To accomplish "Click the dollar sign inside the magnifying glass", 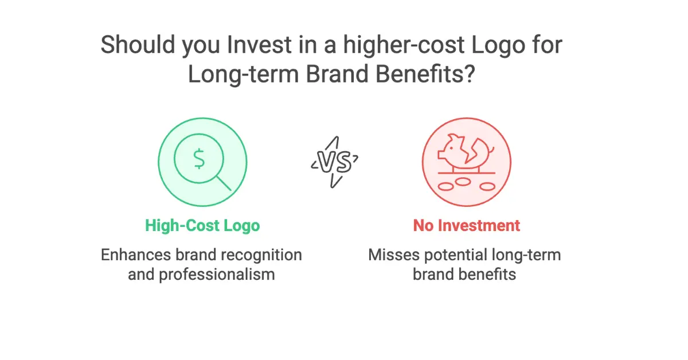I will point(199,159).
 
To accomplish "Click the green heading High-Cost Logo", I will point(202,225).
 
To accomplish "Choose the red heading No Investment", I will point(466,225).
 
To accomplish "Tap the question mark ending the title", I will point(468,75).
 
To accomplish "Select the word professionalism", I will point(201,274).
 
